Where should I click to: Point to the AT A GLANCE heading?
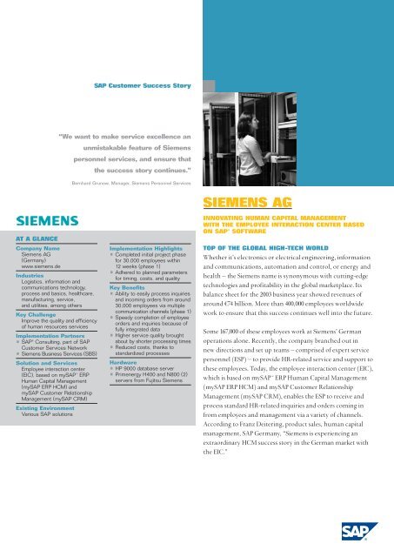click(37, 236)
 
